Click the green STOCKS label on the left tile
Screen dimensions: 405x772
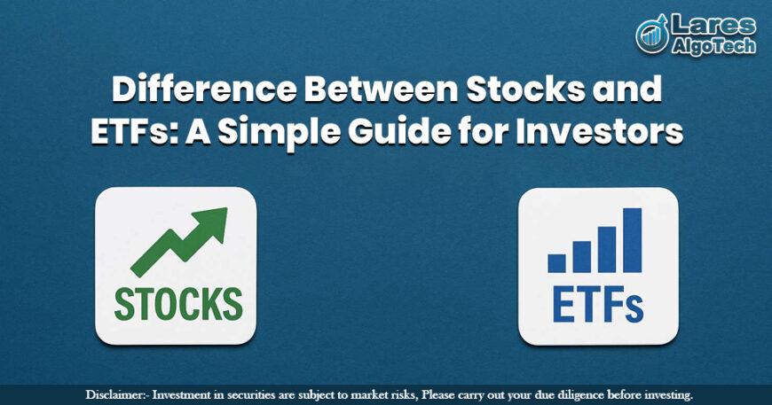click(x=177, y=303)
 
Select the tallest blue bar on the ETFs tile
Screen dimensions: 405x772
click(x=632, y=239)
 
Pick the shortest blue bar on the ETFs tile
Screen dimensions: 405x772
click(x=556, y=262)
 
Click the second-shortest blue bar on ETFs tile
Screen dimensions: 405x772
click(x=581, y=256)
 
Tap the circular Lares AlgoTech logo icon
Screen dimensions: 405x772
click(x=652, y=35)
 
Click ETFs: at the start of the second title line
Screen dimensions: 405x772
click(x=128, y=132)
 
